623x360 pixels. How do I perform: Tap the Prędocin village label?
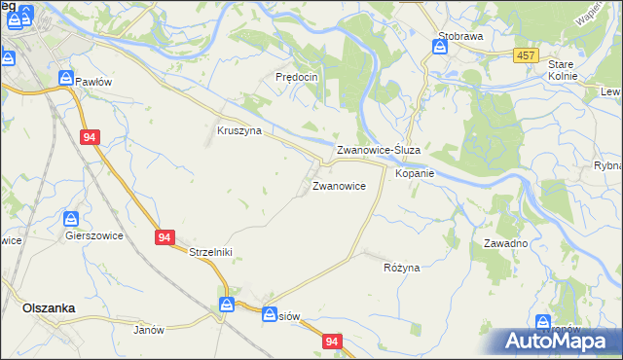tap(297, 77)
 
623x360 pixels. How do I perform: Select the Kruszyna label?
tap(238, 130)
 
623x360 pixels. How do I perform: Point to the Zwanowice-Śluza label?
tap(378, 151)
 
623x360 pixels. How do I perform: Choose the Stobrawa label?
tap(460, 36)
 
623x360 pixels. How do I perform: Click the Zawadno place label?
tap(506, 243)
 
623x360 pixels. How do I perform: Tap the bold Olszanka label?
tap(49, 307)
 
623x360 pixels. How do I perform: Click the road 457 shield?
tap(527, 56)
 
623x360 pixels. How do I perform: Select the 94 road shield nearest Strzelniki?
tap(164, 236)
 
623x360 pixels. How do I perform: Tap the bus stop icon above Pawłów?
tap(65, 78)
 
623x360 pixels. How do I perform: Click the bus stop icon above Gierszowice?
tap(71, 220)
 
